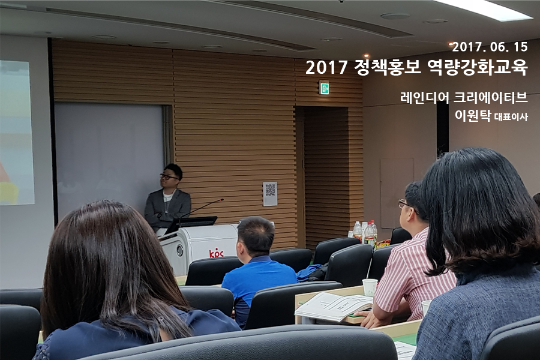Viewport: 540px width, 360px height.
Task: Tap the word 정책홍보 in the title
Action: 388,67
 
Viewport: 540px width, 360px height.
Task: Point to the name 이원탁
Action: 473,115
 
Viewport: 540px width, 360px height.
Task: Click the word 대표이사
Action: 511,117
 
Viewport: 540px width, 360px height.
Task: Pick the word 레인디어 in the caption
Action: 425,97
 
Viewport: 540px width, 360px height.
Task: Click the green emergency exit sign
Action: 324,87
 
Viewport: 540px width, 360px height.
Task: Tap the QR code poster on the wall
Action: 270,194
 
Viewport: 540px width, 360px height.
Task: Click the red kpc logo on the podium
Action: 216,254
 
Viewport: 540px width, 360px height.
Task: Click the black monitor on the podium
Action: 191,224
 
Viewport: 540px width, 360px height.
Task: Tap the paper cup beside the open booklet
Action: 370,287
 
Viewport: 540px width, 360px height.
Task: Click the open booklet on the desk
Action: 334,307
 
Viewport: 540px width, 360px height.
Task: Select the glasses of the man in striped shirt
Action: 405,204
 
